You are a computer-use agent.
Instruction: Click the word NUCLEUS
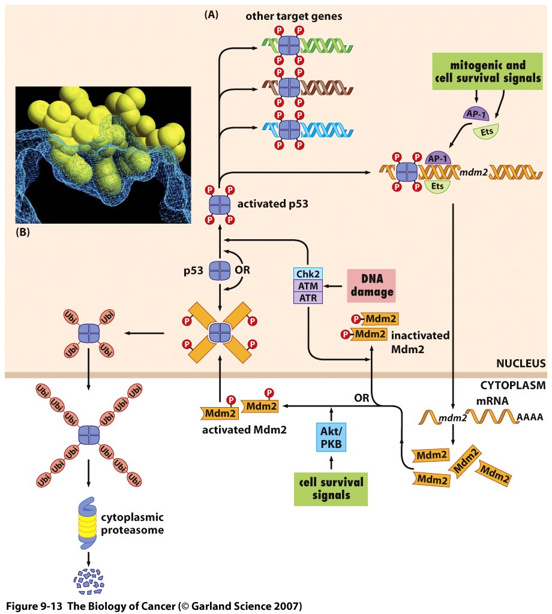point(520,363)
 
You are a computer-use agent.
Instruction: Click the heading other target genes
point(293,16)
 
